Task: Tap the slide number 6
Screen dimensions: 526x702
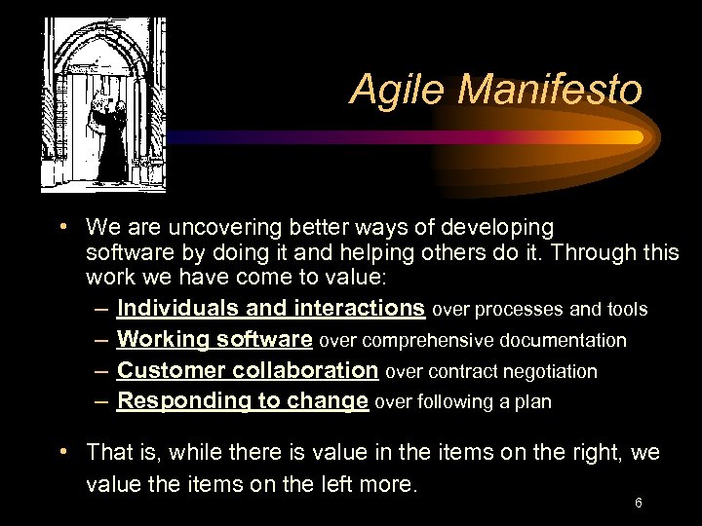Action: tap(638, 503)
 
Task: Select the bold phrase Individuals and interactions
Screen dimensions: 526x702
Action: tap(270, 309)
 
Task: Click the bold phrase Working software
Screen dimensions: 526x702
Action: tap(214, 340)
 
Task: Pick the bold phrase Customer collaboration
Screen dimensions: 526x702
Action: tap(248, 371)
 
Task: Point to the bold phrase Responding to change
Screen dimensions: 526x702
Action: tap(243, 401)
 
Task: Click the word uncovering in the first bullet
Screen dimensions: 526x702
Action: tap(211, 228)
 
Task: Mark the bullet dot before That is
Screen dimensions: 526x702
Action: tap(63, 452)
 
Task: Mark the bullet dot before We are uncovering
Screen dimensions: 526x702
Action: tap(63, 227)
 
